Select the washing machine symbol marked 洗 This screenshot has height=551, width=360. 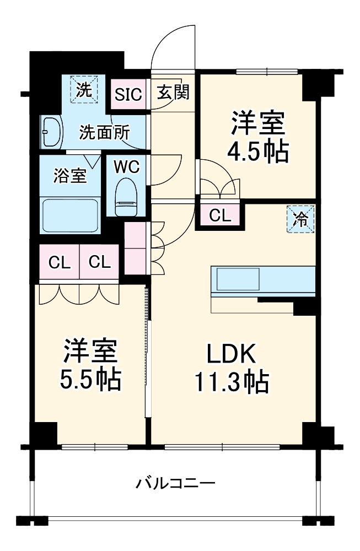click(84, 89)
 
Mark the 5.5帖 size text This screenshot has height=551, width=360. click(90, 379)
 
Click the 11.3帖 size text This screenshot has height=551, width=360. click(231, 381)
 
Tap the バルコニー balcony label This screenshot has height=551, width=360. click(175, 484)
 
